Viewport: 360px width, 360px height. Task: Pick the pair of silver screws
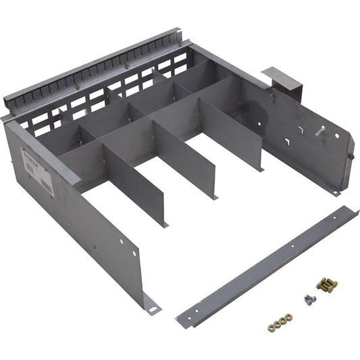310,298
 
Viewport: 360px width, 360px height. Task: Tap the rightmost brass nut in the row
289,315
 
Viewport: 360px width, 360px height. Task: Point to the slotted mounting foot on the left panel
153,307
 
